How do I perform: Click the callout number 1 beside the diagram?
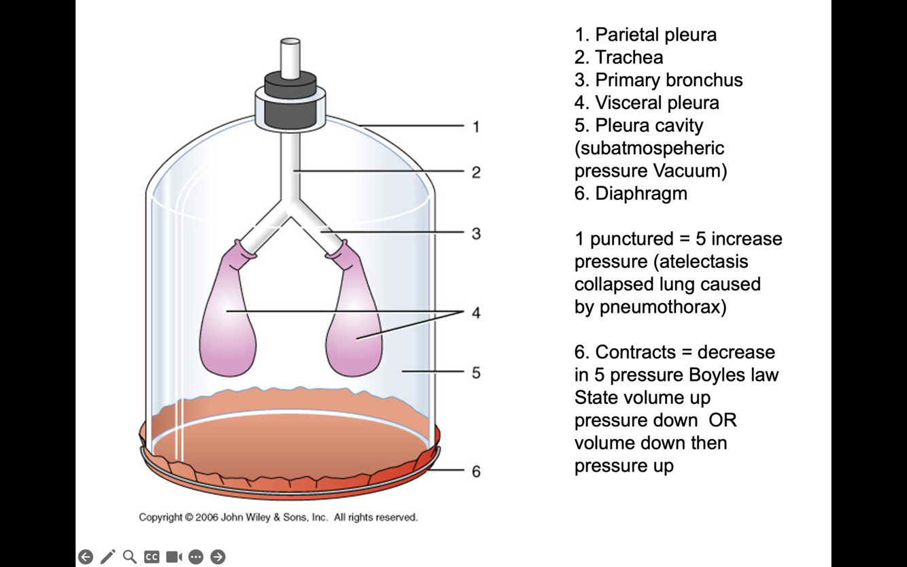coord(476,126)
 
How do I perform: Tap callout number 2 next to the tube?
coord(476,173)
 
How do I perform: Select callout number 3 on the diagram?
coord(476,233)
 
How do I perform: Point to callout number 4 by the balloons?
coord(476,313)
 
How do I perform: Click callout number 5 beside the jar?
coord(476,373)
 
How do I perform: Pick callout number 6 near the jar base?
coord(476,471)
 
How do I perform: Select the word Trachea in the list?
coord(629,57)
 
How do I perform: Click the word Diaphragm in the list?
coord(641,193)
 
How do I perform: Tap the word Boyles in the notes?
coord(716,375)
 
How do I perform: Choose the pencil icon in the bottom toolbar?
coord(107,557)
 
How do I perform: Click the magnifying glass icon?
coord(130,557)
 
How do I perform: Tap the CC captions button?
coord(152,557)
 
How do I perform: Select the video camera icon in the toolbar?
coord(174,557)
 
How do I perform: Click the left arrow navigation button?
coord(86,557)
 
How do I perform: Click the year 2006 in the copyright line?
coord(206,517)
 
